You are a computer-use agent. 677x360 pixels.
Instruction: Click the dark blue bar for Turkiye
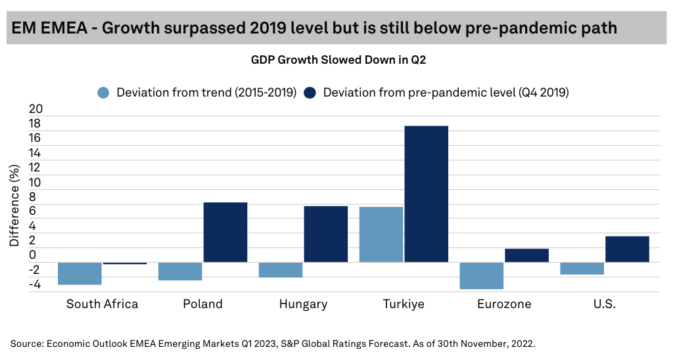click(426, 194)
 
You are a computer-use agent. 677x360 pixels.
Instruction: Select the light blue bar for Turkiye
click(381, 235)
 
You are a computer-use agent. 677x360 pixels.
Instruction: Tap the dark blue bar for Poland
click(225, 232)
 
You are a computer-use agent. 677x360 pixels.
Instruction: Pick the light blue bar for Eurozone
click(482, 275)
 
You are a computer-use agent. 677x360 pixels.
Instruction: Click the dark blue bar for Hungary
click(326, 234)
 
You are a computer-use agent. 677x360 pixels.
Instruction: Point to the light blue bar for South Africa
click(80, 273)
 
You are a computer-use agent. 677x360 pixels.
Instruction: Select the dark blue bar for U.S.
click(627, 249)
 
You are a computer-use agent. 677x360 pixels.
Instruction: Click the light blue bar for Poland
click(180, 271)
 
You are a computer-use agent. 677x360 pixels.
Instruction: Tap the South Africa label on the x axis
click(103, 304)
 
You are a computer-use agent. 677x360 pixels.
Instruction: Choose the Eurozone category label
click(504, 304)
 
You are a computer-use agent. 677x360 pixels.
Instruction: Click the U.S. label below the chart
click(604, 304)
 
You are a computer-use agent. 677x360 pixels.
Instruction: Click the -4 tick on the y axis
click(35, 285)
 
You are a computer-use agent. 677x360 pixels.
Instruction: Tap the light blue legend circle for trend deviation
click(103, 93)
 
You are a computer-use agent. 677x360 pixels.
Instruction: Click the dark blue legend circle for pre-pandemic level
click(310, 93)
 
